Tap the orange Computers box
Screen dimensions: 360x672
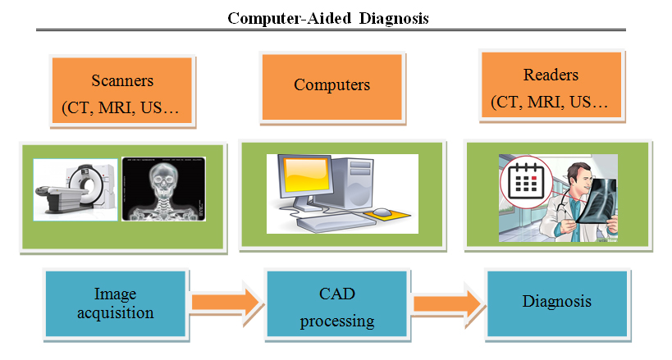pyautogui.click(x=331, y=85)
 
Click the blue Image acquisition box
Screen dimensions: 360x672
pyautogui.click(x=115, y=303)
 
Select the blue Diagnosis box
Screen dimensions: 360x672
pyautogui.click(x=556, y=302)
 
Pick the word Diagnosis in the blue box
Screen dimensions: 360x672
pyautogui.click(x=556, y=302)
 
